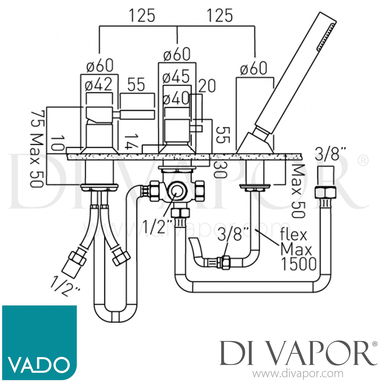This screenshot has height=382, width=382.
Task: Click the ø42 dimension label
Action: pyautogui.click(x=99, y=85)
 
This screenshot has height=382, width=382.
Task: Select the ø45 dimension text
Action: pyautogui.click(x=176, y=76)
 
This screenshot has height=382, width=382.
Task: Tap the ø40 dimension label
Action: pyautogui.click(x=176, y=98)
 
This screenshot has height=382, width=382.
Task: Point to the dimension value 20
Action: pyautogui.click(x=207, y=86)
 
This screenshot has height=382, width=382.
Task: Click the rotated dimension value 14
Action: pyautogui.click(x=131, y=142)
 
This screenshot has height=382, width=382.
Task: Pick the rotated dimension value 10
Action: pyautogui.click(x=58, y=143)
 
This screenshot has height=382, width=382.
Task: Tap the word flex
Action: pyautogui.click(x=293, y=234)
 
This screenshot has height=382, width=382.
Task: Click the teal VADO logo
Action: pyautogui.click(x=39, y=342)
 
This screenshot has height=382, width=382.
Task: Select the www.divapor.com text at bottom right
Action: pyautogui.click(x=298, y=374)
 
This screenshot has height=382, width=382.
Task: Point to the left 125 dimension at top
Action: pyautogui.click(x=142, y=16)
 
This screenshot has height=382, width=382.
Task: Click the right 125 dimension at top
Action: pyautogui.click(x=220, y=16)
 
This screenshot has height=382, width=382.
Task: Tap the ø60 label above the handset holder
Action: pyautogui.click(x=253, y=68)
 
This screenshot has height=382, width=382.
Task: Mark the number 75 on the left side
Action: pyautogui.click(x=37, y=118)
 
